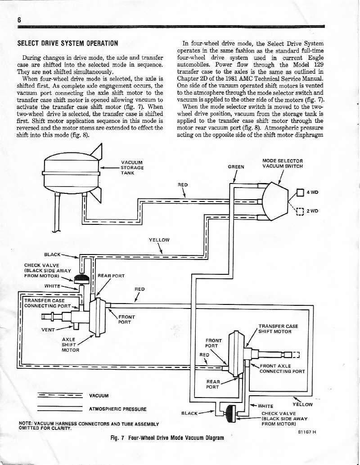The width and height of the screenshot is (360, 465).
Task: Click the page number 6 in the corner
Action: (x=20, y=20)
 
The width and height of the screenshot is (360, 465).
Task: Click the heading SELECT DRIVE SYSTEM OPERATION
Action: (x=67, y=44)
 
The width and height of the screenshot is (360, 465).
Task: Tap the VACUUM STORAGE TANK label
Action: (x=132, y=168)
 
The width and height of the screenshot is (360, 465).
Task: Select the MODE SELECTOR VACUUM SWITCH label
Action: (x=283, y=163)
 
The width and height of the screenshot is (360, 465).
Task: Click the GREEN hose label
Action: (x=236, y=167)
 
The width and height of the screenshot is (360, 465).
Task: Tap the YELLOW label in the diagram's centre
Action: (x=159, y=240)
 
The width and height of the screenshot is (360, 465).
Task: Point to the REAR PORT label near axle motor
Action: (x=111, y=276)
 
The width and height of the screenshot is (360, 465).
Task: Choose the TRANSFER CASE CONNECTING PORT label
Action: (x=45, y=304)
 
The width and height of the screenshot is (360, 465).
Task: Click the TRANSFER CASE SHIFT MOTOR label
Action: (x=278, y=329)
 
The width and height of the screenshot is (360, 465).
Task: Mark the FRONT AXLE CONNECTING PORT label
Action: (x=282, y=368)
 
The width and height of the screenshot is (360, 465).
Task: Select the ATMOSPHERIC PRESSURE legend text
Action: (x=118, y=409)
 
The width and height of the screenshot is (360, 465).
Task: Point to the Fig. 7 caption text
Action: (x=164, y=438)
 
